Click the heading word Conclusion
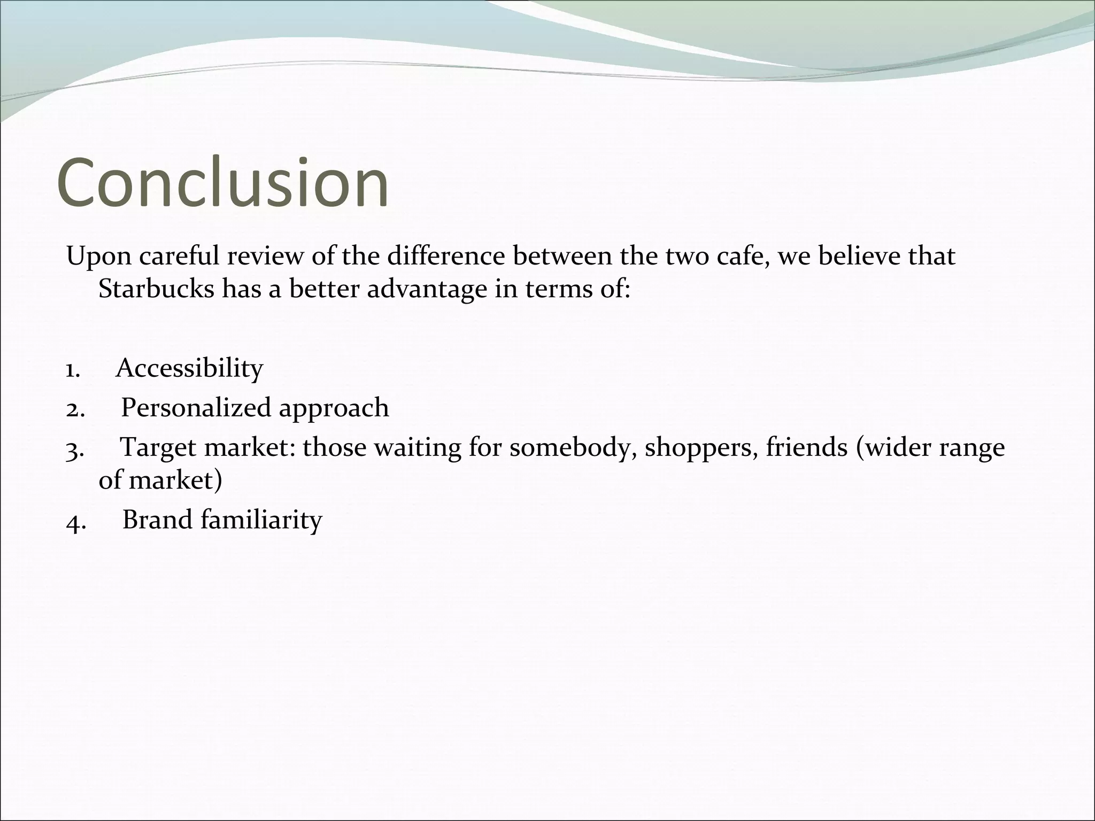pos(222,183)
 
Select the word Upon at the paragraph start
pos(98,257)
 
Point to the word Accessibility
pos(190,368)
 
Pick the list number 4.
pos(75,521)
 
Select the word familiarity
pos(261,520)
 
